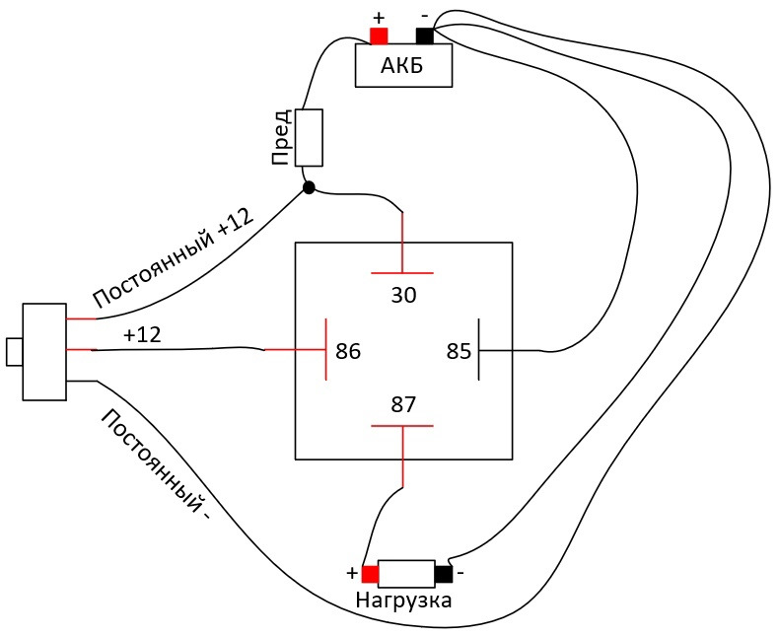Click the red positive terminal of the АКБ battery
pyautogui.click(x=379, y=35)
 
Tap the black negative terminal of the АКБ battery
pyautogui.click(x=425, y=35)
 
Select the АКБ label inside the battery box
pyautogui.click(x=402, y=65)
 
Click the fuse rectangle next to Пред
pyautogui.click(x=309, y=138)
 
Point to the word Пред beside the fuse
pyautogui.click(x=281, y=137)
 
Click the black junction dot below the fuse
pyautogui.click(x=309, y=187)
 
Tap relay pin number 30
pyautogui.click(x=403, y=295)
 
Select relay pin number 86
pyautogui.click(x=348, y=351)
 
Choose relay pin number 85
pyautogui.click(x=459, y=351)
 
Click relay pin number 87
pyautogui.click(x=403, y=404)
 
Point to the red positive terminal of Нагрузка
pyautogui.click(x=370, y=575)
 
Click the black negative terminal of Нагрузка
pyautogui.click(x=444, y=575)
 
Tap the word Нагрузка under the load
pyautogui.click(x=403, y=601)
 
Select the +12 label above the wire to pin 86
pyautogui.click(x=142, y=335)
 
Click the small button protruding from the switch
pyautogui.click(x=14, y=352)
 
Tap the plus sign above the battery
pyautogui.click(x=379, y=19)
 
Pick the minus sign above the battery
pyautogui.click(x=425, y=16)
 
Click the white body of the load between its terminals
pyautogui.click(x=407, y=575)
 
